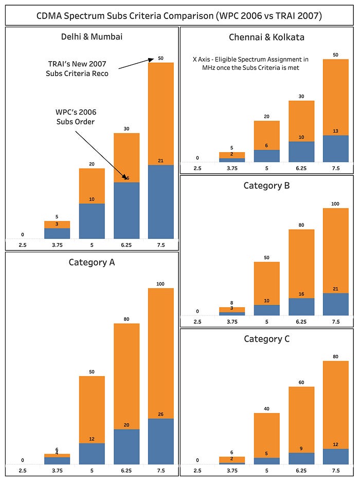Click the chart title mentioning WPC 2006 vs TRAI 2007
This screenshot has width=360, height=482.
point(179,16)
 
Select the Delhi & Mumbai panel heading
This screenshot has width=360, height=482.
point(92,37)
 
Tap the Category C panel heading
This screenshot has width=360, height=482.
point(266,339)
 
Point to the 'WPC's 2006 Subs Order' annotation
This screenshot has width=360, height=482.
point(76,117)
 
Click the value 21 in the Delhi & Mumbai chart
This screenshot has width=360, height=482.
point(160,161)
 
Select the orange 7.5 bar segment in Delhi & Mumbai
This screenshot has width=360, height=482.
point(160,113)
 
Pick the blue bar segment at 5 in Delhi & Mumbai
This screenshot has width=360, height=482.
point(92,221)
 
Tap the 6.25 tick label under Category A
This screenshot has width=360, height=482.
point(127,470)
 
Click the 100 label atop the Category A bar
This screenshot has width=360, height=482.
point(160,284)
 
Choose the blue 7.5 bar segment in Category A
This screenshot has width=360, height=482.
point(160,441)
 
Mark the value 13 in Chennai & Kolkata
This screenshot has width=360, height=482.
point(335,132)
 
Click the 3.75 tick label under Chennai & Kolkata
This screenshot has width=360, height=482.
point(232,168)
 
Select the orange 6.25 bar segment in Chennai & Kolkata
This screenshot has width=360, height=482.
point(301,121)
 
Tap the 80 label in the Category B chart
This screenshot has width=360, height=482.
point(301,225)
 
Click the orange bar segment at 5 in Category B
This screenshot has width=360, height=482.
point(266,283)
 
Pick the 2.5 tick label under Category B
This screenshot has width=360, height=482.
point(197,322)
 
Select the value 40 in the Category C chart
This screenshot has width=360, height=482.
point(266,409)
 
